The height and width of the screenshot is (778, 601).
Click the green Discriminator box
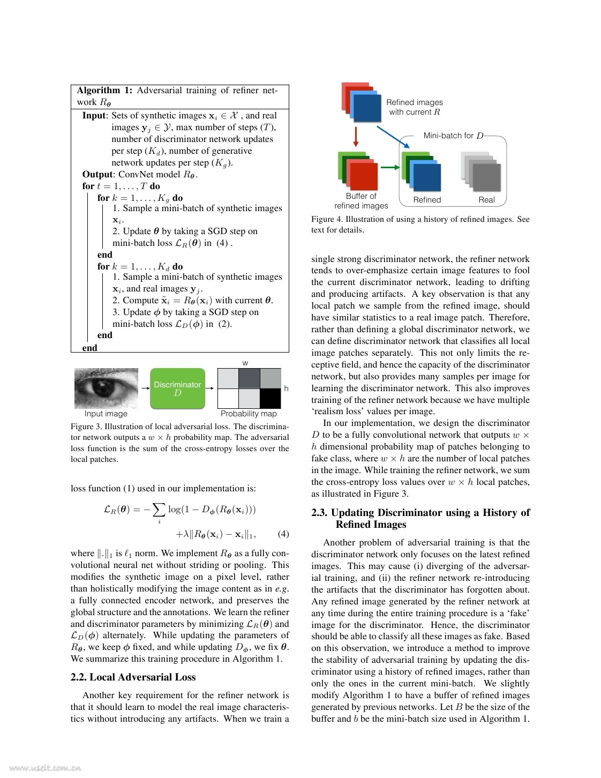177,388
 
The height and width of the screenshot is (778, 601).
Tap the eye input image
106,388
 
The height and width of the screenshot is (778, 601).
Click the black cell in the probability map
270,399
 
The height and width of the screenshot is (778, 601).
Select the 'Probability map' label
249,414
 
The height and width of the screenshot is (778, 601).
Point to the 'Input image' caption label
106,414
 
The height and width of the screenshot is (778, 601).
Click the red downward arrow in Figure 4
356,137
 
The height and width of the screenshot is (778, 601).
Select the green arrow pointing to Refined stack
390,168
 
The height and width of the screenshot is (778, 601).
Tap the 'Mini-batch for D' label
453,136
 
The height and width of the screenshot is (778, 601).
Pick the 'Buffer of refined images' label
361,201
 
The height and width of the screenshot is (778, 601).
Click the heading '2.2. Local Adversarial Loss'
133,677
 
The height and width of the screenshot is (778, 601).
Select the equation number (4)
283,534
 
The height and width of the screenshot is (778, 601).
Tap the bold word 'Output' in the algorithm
97,174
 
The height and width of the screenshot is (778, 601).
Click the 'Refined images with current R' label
415,107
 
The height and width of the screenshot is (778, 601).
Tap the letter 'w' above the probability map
245,363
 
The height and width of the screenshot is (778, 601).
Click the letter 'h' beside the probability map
286,388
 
